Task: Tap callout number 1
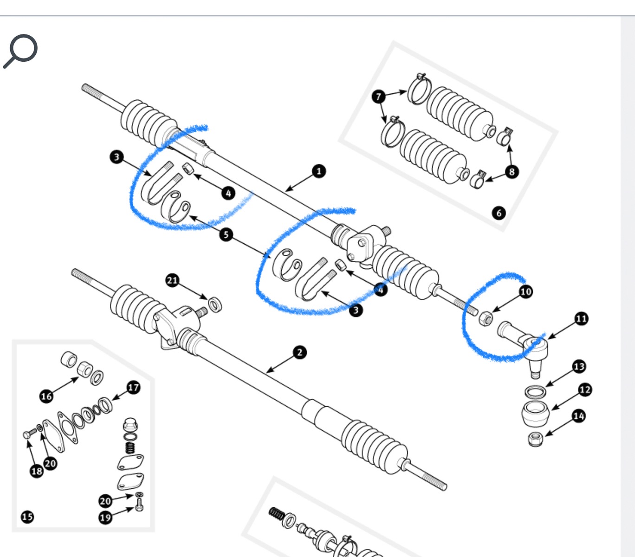pos(318,171)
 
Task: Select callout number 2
pos(300,352)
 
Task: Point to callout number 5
pos(226,234)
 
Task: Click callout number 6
pos(499,213)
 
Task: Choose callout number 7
pos(379,96)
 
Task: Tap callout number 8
pos(512,171)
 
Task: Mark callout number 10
pos(525,291)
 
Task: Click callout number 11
pos(581,319)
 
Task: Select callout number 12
pos(585,389)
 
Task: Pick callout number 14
pos(578,415)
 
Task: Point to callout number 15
pos(27,517)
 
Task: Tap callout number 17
pos(133,387)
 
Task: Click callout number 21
pos(172,280)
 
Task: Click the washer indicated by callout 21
pos(215,305)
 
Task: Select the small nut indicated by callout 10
pos(485,318)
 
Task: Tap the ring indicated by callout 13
pos(535,391)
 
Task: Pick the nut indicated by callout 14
pos(536,439)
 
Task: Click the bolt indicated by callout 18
pos(27,434)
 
